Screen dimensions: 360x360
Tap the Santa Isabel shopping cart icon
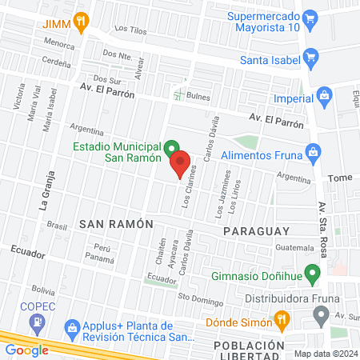[x=311, y=58]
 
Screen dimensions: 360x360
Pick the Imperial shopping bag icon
[x=324, y=96]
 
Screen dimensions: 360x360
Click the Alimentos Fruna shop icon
[x=314, y=150]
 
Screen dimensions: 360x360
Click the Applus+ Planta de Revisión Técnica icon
[x=72, y=327]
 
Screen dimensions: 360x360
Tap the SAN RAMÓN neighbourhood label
[x=115, y=225]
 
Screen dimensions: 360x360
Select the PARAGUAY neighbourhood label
[x=255, y=230]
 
